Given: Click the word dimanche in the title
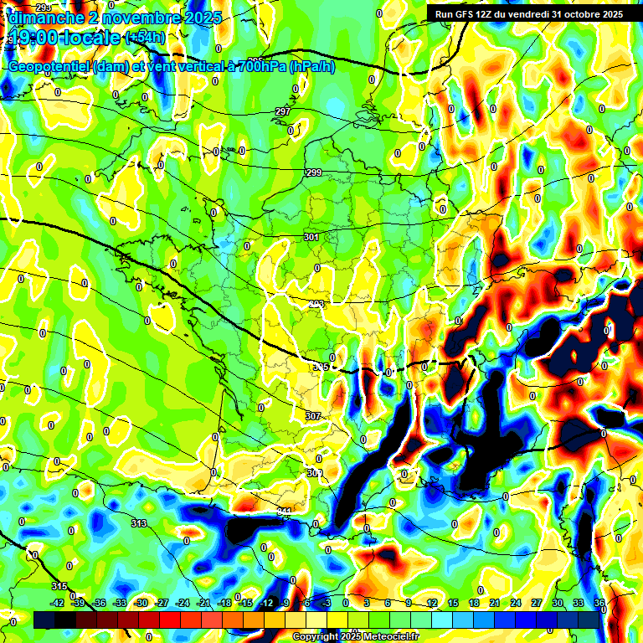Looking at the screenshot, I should point(43,17).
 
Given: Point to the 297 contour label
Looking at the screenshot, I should point(282,111).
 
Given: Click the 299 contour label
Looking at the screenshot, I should point(313,172).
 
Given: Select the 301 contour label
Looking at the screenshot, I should point(311,238).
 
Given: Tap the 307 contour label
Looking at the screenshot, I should point(313,416).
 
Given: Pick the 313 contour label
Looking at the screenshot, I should point(139,523).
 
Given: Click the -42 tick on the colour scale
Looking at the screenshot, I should point(58,603).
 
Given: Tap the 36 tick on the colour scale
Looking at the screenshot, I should point(599,603).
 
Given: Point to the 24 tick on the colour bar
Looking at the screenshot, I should point(516,603).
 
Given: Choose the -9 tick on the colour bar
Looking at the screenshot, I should point(285,603).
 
